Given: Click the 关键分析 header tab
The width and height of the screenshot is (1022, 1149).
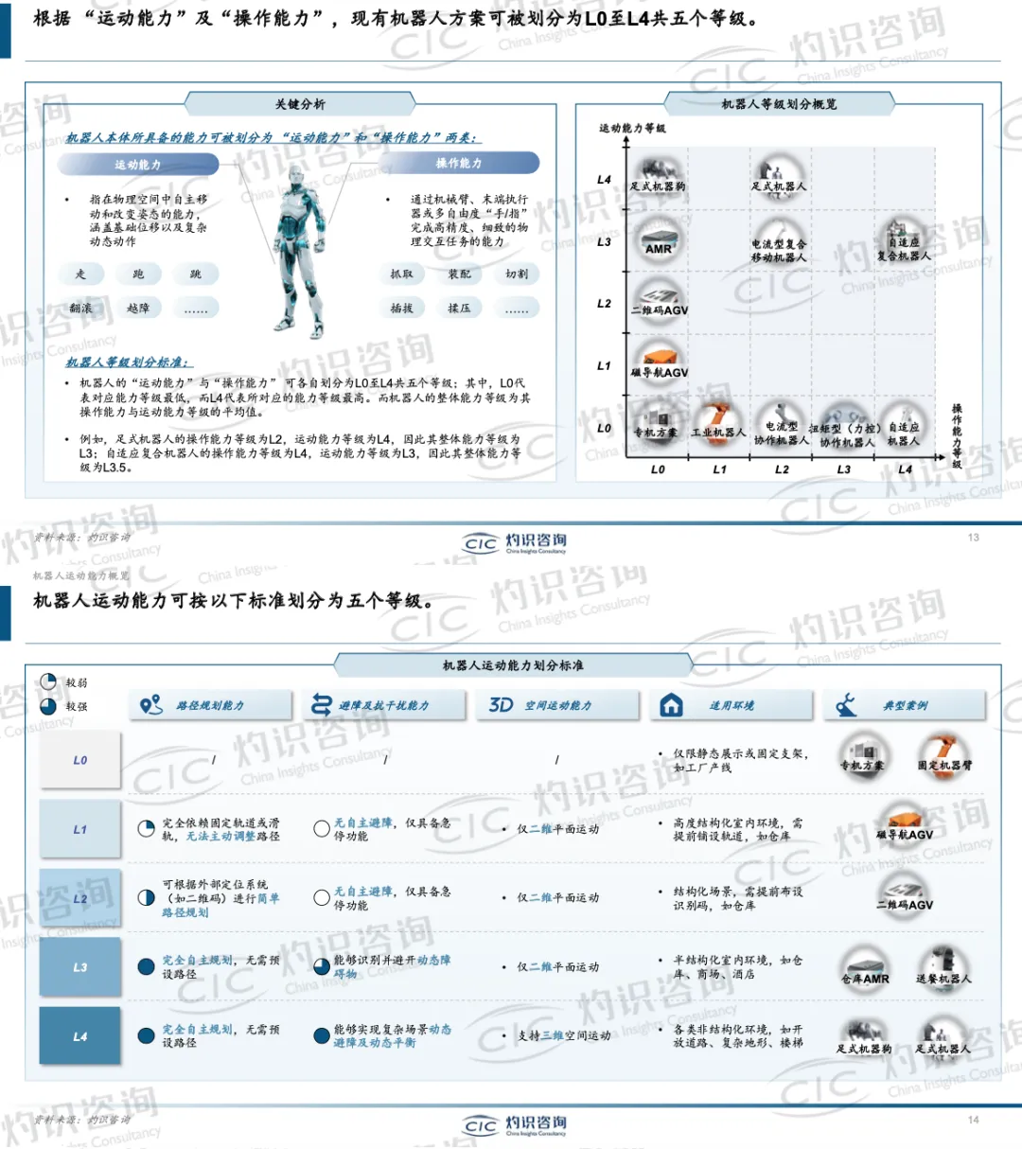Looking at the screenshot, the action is click(300, 104).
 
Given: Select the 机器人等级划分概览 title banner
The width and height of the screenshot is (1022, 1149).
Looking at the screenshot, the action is click(779, 104).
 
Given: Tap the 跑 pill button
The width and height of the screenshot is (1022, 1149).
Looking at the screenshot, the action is click(138, 274).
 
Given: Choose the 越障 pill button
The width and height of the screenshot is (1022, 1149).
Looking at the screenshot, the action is click(138, 309).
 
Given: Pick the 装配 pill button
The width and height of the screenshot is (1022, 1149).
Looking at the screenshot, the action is click(459, 274).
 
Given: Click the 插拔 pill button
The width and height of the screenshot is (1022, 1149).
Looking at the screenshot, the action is click(401, 309).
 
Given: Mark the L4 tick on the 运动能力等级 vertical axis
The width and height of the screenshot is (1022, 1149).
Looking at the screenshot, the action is click(605, 180).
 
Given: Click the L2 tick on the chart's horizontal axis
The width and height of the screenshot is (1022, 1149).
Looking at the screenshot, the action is click(782, 469).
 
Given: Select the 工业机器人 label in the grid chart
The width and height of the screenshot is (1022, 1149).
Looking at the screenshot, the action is click(718, 433).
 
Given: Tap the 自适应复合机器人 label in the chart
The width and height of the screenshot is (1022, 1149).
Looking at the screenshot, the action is click(903, 249).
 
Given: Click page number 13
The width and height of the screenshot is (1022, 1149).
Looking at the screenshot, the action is click(973, 538).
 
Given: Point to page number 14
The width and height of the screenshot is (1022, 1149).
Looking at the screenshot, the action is click(973, 1120).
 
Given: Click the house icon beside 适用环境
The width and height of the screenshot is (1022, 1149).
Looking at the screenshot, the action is click(671, 705).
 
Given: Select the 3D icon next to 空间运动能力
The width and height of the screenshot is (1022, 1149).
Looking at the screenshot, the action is click(501, 705).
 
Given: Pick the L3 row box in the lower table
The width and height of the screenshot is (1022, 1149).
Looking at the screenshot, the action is click(80, 967).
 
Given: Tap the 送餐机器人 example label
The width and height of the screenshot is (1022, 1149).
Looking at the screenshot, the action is click(943, 979).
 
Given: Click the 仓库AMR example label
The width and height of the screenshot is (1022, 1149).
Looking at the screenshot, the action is click(865, 979).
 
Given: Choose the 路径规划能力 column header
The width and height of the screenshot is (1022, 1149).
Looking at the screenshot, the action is click(210, 706).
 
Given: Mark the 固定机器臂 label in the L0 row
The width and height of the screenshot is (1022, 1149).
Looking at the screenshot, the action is click(943, 765).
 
